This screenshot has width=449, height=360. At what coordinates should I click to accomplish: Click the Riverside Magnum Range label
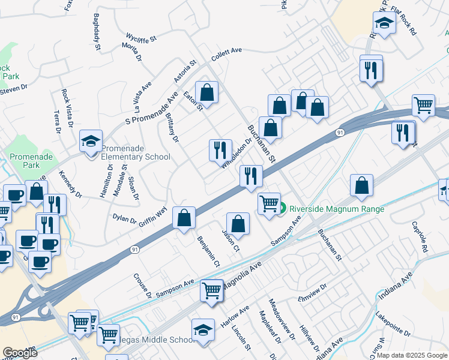(x=336, y=209)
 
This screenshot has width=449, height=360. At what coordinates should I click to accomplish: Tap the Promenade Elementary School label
(x=135, y=152)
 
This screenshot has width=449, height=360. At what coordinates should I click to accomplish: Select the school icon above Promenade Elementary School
(x=91, y=142)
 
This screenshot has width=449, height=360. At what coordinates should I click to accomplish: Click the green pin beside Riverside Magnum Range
(x=282, y=209)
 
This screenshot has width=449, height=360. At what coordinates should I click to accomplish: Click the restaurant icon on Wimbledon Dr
(x=220, y=149)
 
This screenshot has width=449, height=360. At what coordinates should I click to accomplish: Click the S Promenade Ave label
(x=152, y=108)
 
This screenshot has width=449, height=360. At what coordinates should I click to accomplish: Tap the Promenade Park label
(x=24, y=160)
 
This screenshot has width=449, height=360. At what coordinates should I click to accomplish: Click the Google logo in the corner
(x=20, y=352)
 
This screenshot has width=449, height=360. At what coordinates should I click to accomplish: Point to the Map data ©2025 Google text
(x=412, y=355)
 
